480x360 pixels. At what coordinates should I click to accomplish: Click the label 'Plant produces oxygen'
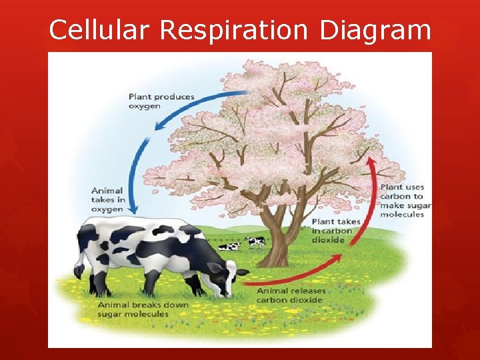(x=161, y=101)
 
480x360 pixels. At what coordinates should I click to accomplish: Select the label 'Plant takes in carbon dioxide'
(x=335, y=230)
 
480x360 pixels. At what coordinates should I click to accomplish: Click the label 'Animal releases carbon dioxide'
(x=291, y=295)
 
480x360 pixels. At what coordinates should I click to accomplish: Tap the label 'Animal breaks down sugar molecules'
(x=143, y=309)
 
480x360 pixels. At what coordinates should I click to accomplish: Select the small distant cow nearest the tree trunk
(x=255, y=242)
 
